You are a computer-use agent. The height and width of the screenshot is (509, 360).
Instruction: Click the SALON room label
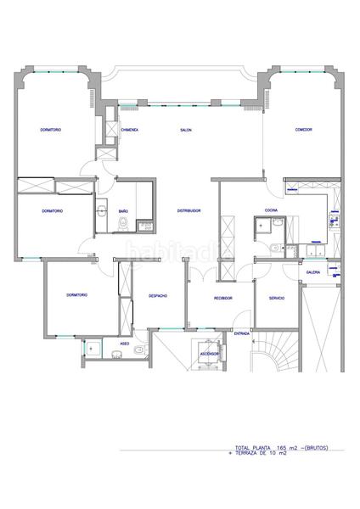pos(185,130)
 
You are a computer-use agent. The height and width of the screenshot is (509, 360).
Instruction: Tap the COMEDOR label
pos(303,130)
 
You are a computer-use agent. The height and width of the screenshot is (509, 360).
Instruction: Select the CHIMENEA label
pos(130,130)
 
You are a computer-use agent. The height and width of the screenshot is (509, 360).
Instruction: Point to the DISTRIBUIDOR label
pos(188,210)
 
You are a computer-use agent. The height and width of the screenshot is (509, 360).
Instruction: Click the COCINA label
pos(271,209)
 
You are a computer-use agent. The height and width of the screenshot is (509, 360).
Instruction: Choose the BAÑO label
pos(123,210)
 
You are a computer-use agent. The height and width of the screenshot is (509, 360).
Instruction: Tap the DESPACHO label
pos(158,296)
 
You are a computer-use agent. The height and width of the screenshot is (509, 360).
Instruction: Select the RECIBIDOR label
pos(223,298)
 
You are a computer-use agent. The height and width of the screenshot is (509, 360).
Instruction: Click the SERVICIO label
pos(277,298)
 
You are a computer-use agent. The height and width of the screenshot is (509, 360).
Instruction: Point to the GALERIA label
pos(313,273)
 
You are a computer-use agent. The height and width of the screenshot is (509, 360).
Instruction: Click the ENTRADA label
pos(242,333)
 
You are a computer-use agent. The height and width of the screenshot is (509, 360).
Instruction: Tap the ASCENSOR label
pos(209,353)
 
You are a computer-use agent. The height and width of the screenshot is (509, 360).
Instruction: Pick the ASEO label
pos(124,344)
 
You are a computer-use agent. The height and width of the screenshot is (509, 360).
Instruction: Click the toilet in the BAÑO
pos(123,225)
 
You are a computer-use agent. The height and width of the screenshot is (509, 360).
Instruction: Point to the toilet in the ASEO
pos(92,348)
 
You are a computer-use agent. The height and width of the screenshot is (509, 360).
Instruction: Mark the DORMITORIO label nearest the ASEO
pos(76,295)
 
